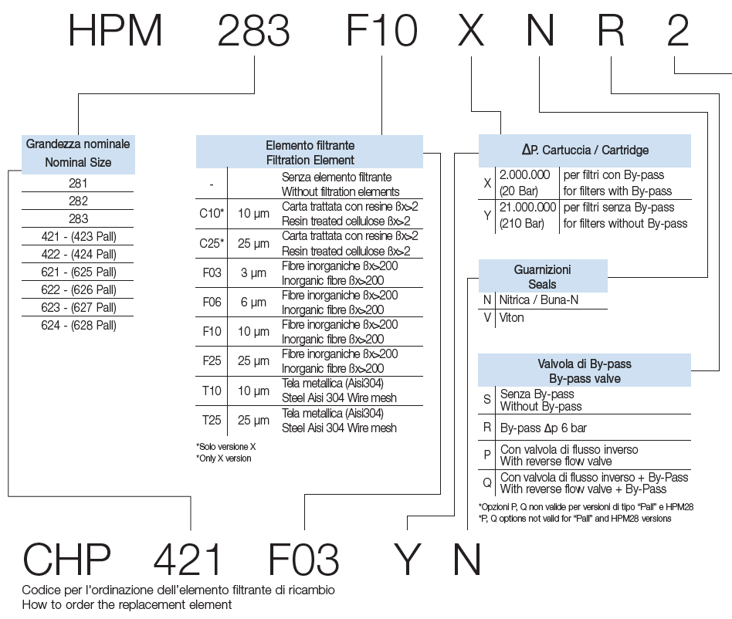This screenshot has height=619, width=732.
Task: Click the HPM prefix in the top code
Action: tap(116, 31)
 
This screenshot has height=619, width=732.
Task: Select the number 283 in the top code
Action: tap(254, 31)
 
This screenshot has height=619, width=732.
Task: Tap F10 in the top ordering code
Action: tap(381, 31)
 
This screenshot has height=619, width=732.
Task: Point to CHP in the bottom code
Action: tap(67, 559)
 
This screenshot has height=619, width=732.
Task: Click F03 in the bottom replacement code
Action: tap(304, 559)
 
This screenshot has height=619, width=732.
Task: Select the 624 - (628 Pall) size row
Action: tap(78, 325)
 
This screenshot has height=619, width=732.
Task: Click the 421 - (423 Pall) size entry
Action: tap(78, 236)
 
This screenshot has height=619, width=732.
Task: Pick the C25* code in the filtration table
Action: tap(212, 244)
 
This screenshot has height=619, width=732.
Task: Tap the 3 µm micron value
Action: tap(254, 273)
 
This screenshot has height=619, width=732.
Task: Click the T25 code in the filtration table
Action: tap(212, 421)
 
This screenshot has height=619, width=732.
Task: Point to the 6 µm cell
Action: tap(254, 303)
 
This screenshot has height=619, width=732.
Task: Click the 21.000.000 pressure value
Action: tap(527, 207)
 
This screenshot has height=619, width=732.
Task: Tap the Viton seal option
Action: tap(512, 317)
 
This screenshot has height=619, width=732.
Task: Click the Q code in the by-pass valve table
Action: tap(487, 483)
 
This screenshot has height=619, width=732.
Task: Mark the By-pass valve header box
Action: tap(585, 370)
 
